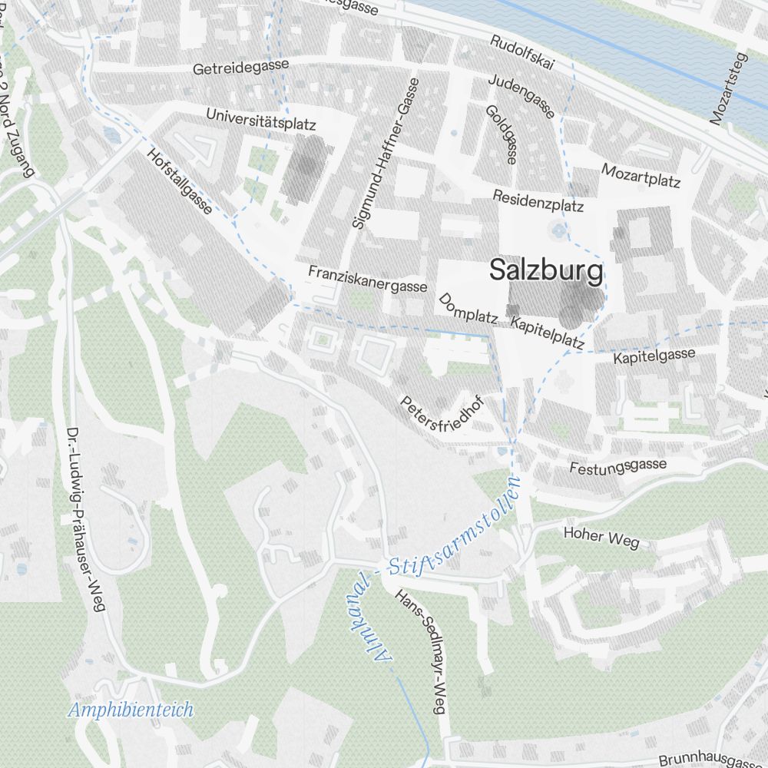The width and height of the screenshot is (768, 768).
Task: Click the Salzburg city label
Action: pyautogui.click(x=546, y=271)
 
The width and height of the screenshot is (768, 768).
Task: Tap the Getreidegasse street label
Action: pyautogui.click(x=240, y=67)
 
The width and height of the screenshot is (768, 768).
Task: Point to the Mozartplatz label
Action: pyautogui.click(x=641, y=175)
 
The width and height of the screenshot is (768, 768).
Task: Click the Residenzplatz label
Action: pyautogui.click(x=538, y=200)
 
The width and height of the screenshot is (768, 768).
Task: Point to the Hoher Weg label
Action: pyautogui.click(x=601, y=537)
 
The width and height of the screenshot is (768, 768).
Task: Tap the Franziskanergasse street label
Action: pyautogui.click(x=367, y=279)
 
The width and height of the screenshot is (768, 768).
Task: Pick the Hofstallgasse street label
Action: pyautogui.click(x=178, y=181)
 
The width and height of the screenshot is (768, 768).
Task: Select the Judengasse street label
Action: pyautogui.click(x=521, y=96)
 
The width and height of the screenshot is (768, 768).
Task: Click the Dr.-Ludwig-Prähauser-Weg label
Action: pyautogui.click(x=84, y=519)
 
